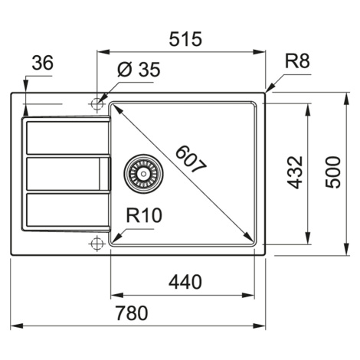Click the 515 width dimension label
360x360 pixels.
tap(185, 39)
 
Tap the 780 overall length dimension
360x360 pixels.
tap(132, 313)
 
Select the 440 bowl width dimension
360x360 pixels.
tap(185, 282)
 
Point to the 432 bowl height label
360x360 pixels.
tap(295, 172)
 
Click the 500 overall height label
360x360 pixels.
tap(333, 172)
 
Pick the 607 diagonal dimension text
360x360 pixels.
tap(191, 159)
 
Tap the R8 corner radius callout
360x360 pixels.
tap(297, 61)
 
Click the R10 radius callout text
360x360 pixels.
tap(144, 215)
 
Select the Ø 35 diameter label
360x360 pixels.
tap(139, 69)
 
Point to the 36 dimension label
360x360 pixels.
tap(43, 63)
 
